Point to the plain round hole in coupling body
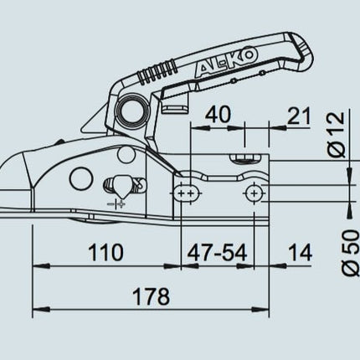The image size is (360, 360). [80, 177]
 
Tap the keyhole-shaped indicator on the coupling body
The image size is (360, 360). [119, 183]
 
